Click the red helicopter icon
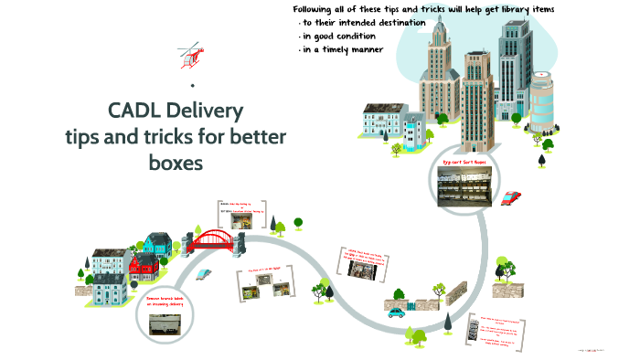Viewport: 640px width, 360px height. coord(190,54)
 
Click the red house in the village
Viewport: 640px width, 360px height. coord(143,268)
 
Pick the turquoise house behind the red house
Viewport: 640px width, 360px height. coord(158,244)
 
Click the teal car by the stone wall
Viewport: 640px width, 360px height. coord(396,312)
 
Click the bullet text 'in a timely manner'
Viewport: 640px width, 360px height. coord(345,49)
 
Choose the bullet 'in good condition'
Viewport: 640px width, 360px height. coord(340,36)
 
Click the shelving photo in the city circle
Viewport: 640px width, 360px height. coord(466,187)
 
